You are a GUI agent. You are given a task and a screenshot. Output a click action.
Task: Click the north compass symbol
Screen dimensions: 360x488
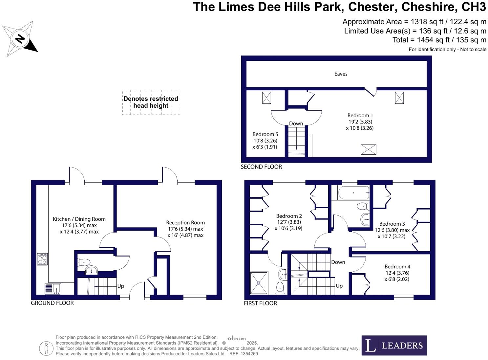pos(20,39)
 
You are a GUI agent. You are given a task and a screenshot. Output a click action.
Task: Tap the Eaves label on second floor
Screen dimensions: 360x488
pos(341,74)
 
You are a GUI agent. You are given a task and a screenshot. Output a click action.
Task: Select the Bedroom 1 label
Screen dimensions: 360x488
pos(360,122)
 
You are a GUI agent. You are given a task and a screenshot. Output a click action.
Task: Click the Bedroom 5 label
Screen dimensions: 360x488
pos(265,140)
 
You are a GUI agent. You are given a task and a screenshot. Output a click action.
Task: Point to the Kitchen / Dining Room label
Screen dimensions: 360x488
pos(79,225)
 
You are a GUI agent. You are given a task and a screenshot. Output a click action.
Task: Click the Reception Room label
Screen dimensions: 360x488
pos(185,229)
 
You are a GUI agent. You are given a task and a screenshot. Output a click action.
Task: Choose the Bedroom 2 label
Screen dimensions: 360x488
pos(289,222)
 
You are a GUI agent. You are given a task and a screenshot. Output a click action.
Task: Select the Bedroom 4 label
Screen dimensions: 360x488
pos(397,273)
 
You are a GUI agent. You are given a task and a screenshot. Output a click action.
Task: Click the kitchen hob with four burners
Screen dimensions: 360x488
pos(42,259)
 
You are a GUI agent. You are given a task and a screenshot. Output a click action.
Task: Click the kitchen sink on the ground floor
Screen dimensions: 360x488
pos(53,288)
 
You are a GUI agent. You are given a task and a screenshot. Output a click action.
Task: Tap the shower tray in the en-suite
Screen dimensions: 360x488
pos(259,282)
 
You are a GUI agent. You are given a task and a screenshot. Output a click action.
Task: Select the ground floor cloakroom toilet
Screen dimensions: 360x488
pos(84,262)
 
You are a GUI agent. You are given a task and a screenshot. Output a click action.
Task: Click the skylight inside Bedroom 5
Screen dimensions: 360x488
pos(266,98)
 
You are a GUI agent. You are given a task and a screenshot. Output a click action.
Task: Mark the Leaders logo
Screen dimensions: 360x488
pos(394,345)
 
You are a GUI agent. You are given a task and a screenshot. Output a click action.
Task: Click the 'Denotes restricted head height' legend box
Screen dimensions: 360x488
pos(151,102)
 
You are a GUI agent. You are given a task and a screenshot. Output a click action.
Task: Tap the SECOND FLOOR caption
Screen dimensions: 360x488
pos(261,167)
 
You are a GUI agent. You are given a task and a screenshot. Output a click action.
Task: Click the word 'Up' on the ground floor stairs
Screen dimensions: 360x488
pos(121,286)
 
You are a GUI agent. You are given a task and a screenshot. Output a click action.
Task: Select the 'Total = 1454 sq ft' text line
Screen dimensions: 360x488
pos(439,40)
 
